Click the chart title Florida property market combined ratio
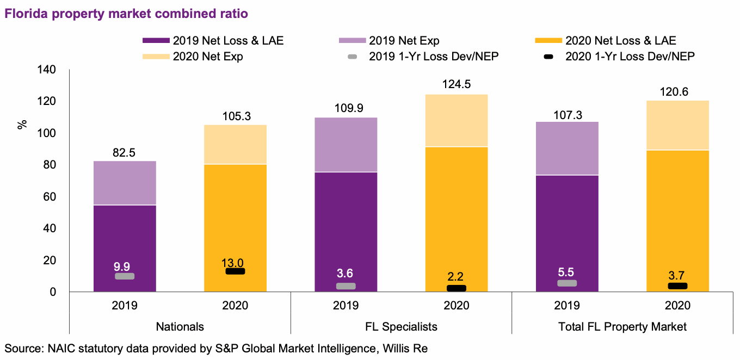[x=126, y=14]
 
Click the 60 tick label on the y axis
[x=50, y=197]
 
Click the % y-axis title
[x=22, y=125]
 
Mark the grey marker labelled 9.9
[x=125, y=276]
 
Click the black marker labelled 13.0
[x=235, y=271]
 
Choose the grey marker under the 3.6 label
[x=346, y=286]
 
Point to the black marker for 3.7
[x=677, y=286]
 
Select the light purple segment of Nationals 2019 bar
[x=125, y=183]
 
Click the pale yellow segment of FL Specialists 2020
[x=457, y=121]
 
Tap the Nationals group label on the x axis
[x=180, y=327]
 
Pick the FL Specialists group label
[x=401, y=327]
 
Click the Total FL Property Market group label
[x=622, y=327]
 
